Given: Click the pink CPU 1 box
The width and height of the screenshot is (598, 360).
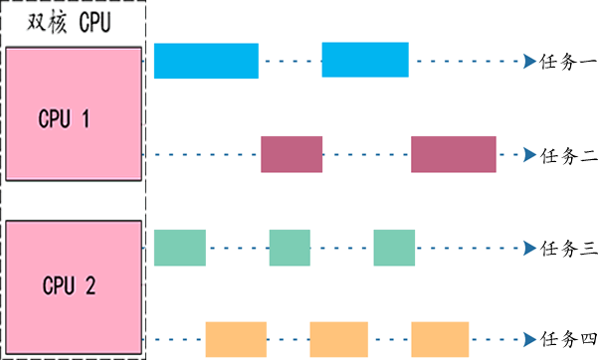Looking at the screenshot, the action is tap(74, 113).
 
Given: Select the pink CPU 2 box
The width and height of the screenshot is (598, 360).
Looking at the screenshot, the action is tap(74, 288).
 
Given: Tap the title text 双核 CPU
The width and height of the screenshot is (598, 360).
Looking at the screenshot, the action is tap(69, 22).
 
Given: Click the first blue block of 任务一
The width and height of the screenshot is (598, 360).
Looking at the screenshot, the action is tap(206, 61).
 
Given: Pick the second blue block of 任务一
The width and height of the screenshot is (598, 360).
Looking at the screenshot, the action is tap(365, 60).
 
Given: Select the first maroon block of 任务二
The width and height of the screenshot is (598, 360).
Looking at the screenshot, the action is tap(292, 154).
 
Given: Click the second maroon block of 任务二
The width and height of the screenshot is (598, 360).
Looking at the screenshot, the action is tap(454, 154).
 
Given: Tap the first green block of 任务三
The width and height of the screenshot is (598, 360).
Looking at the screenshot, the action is tap(180, 248).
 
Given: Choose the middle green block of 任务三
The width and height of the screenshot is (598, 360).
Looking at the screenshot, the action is tap(290, 248).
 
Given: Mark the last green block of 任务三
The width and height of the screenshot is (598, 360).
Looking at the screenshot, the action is tap(394, 248).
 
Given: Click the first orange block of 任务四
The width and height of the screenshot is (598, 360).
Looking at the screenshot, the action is tap(236, 339).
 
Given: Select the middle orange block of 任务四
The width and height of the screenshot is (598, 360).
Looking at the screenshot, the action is tap(339, 339).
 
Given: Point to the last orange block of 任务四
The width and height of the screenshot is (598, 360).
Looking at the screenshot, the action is tap(440, 339).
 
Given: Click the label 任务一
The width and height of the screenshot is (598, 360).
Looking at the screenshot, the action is tap(568, 61).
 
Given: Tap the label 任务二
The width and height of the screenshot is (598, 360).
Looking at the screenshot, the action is tap(568, 155).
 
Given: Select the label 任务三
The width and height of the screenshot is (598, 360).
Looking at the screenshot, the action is tap(568, 249).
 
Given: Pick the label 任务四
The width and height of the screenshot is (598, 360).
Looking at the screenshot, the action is tap(568, 339).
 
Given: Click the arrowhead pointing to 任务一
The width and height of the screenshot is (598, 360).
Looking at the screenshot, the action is tap(529, 61).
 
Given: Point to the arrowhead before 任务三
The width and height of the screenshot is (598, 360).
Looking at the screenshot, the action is tap(529, 248).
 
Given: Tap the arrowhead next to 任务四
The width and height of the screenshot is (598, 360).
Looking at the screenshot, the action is tap(529, 339).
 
